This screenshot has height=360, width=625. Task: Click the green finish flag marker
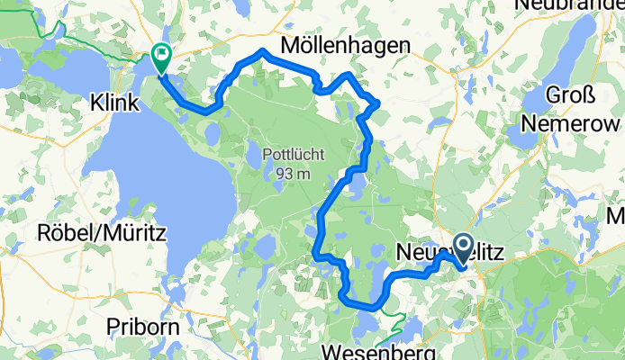[x=162, y=58]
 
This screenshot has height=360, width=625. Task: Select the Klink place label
[x=115, y=105]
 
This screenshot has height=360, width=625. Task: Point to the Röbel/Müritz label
[x=101, y=233]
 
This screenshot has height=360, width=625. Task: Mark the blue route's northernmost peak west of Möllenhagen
[x=261, y=50]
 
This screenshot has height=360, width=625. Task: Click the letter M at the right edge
[x=617, y=215]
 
